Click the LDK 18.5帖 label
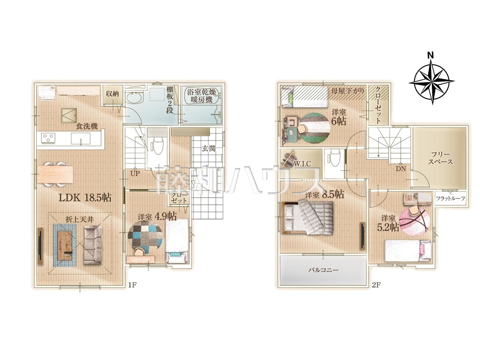tap(85, 198)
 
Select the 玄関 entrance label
tap(208, 148)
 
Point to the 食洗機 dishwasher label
tap(87, 126)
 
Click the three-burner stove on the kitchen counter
tap(48, 138)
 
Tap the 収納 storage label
tap(112, 94)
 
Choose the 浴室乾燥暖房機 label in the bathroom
tap(201, 96)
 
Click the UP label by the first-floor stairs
tap(135, 174)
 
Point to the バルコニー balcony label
tap(323, 270)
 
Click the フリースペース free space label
tap(440, 158)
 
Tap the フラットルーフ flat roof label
tap(450, 199)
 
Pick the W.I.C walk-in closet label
tap(302, 164)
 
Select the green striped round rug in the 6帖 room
tap(314, 128)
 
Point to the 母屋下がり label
tap(348, 91)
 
